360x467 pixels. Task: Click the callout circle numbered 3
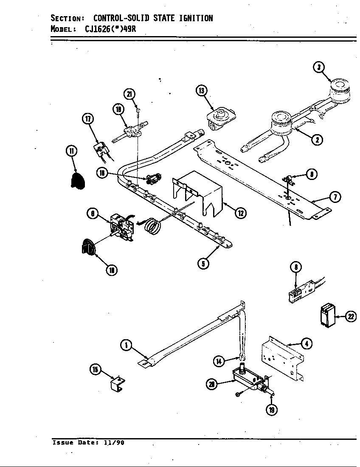coord(318,67)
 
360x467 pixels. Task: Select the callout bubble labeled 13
coord(201,90)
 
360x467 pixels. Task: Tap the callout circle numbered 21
coord(129,94)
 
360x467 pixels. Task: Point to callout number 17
coord(87,119)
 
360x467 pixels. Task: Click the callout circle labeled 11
coord(71,150)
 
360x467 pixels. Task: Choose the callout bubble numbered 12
coord(241,213)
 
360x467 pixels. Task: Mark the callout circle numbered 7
coord(335,197)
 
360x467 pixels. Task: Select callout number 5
coord(203,264)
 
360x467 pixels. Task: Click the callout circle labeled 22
coord(351,317)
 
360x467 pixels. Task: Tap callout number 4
coord(306,343)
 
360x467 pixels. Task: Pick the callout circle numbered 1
coord(125,346)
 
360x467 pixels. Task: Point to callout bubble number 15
coord(96,370)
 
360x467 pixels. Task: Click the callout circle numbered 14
coord(218,361)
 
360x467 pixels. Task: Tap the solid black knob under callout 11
coord(77,181)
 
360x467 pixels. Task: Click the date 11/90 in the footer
coord(115,442)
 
